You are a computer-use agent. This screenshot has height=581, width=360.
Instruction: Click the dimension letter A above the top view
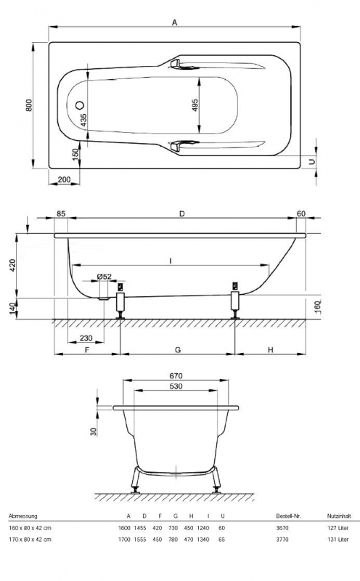(175, 23)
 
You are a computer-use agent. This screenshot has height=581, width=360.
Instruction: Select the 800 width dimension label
(29, 105)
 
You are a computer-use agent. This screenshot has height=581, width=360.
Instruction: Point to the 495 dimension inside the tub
(195, 106)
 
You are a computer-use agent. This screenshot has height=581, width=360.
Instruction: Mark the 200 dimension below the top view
(64, 179)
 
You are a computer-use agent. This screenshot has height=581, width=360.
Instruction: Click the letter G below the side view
(177, 349)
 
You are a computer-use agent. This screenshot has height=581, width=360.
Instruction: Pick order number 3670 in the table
(284, 529)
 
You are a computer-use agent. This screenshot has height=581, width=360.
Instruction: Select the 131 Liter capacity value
(338, 541)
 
